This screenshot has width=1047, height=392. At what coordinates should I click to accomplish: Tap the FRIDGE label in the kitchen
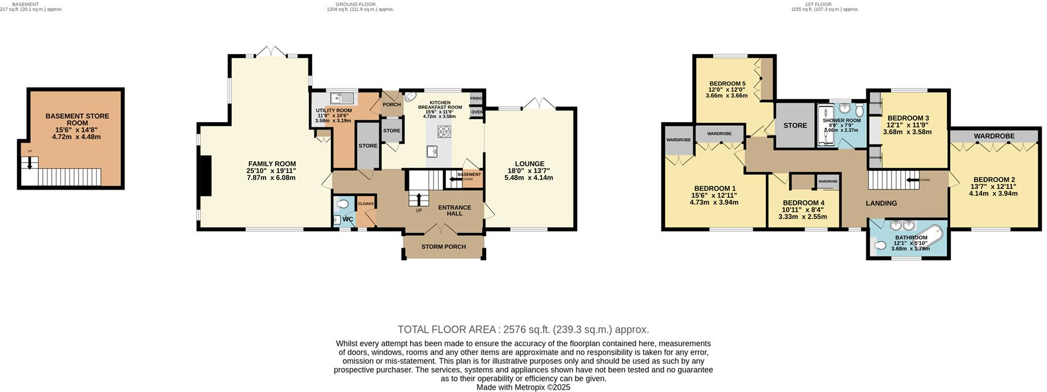[x=476, y=99]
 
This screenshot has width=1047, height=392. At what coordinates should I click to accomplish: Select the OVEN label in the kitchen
[x=476, y=112]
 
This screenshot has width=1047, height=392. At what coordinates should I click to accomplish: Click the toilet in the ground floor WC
[x=344, y=204]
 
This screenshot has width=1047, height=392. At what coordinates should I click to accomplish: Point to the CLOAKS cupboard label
[x=365, y=204]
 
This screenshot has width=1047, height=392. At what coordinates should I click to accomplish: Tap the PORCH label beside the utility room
[x=391, y=104]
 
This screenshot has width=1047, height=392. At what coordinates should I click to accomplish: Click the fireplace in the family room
[x=205, y=175]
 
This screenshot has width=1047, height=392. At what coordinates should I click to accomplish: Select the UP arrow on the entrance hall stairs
[x=418, y=198]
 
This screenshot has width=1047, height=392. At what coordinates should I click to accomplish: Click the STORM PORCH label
[x=443, y=246]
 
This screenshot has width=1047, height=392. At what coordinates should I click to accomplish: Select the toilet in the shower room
[x=859, y=111]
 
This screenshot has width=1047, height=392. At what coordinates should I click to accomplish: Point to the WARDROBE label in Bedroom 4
[x=828, y=182]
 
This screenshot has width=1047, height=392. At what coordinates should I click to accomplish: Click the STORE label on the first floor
[x=795, y=126]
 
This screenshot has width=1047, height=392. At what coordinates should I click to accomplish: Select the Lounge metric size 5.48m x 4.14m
[x=529, y=177]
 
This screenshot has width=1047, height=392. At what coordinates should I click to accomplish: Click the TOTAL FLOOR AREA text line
[x=523, y=330]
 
